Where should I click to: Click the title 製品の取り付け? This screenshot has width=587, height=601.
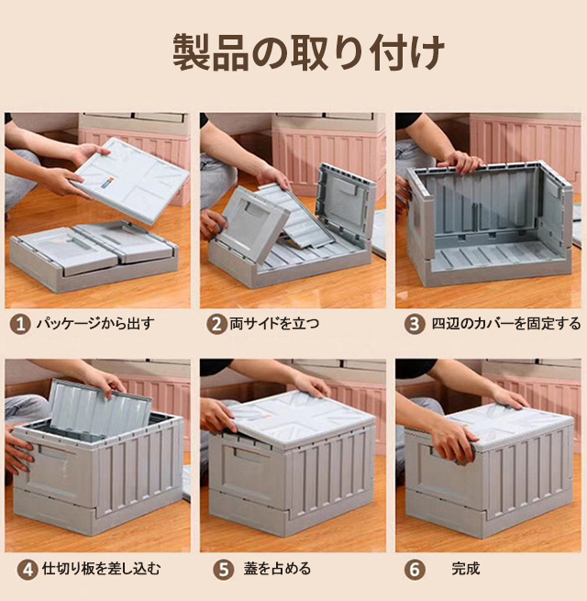pyautogui.click(x=308, y=53)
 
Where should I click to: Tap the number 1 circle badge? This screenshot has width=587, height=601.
pyautogui.click(x=20, y=325)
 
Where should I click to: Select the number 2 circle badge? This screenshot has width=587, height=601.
pyautogui.click(x=216, y=325)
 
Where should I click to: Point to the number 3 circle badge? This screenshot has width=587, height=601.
pyautogui.click(x=415, y=325)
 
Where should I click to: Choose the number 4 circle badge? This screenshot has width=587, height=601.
pyautogui.click(x=28, y=570)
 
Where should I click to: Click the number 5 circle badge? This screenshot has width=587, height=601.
pyautogui.click(x=224, y=570)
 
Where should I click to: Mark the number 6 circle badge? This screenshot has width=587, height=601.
pyautogui.click(x=415, y=570)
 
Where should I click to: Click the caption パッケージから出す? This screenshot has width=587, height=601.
pyautogui.click(x=95, y=324)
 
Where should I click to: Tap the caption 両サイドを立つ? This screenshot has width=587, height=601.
pyautogui.click(x=274, y=324)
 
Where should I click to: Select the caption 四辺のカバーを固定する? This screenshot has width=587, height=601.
pyautogui.click(x=506, y=324)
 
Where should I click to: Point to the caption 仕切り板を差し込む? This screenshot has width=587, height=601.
pyautogui.click(x=101, y=568)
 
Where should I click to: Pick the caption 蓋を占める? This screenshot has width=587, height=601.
pyautogui.click(x=277, y=568)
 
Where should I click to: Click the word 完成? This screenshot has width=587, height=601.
pyautogui.click(x=466, y=568)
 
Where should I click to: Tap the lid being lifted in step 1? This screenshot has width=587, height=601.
pyautogui.click(x=131, y=180)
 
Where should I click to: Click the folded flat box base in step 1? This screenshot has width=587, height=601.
pyautogui.click(x=94, y=256)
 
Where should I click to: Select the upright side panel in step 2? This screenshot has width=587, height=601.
pyautogui.click(x=345, y=203)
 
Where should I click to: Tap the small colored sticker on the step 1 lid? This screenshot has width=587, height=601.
pyautogui.click(x=107, y=182)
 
